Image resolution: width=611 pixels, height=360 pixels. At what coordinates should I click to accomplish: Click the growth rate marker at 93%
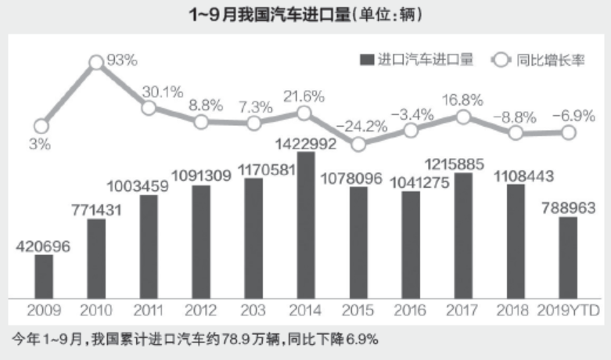pos(97,63)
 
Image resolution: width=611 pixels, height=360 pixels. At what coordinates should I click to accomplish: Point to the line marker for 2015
pos(358,144)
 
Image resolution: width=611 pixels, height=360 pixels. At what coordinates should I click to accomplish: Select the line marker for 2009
pos(41,125)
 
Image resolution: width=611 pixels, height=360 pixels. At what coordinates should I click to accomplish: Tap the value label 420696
pos(44,247)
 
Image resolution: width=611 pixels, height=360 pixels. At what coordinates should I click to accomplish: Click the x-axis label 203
pos(253,311)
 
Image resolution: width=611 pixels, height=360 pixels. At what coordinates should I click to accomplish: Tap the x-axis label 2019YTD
pos(569,311)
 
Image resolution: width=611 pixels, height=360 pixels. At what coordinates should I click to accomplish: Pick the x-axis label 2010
pos(96,311)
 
